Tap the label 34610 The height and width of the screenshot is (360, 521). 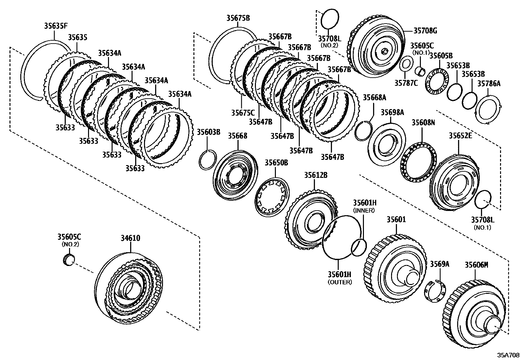tap(131, 238)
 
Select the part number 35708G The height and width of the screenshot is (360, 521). tap(425, 31)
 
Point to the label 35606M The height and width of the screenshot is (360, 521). tap(476, 265)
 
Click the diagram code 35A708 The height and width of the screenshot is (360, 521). tap(508, 355)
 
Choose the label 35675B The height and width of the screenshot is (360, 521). tap(238, 18)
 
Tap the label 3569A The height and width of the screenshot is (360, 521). tap(440, 264)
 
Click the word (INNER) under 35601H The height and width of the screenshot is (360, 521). tap(364, 210)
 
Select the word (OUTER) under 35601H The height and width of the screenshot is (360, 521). tap(340, 282)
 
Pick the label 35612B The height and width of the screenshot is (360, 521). tap(315, 175)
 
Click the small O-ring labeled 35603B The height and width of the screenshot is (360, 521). tap(207, 160)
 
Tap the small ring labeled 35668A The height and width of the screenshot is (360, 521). tap(363, 131)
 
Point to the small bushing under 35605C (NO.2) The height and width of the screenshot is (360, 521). tap(68, 259)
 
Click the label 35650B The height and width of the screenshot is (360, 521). tap(276, 162)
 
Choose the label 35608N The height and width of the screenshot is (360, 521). tap(423, 123)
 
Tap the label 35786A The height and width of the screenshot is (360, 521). tap(489, 84)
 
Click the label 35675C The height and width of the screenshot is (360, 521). tap(243, 113)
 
